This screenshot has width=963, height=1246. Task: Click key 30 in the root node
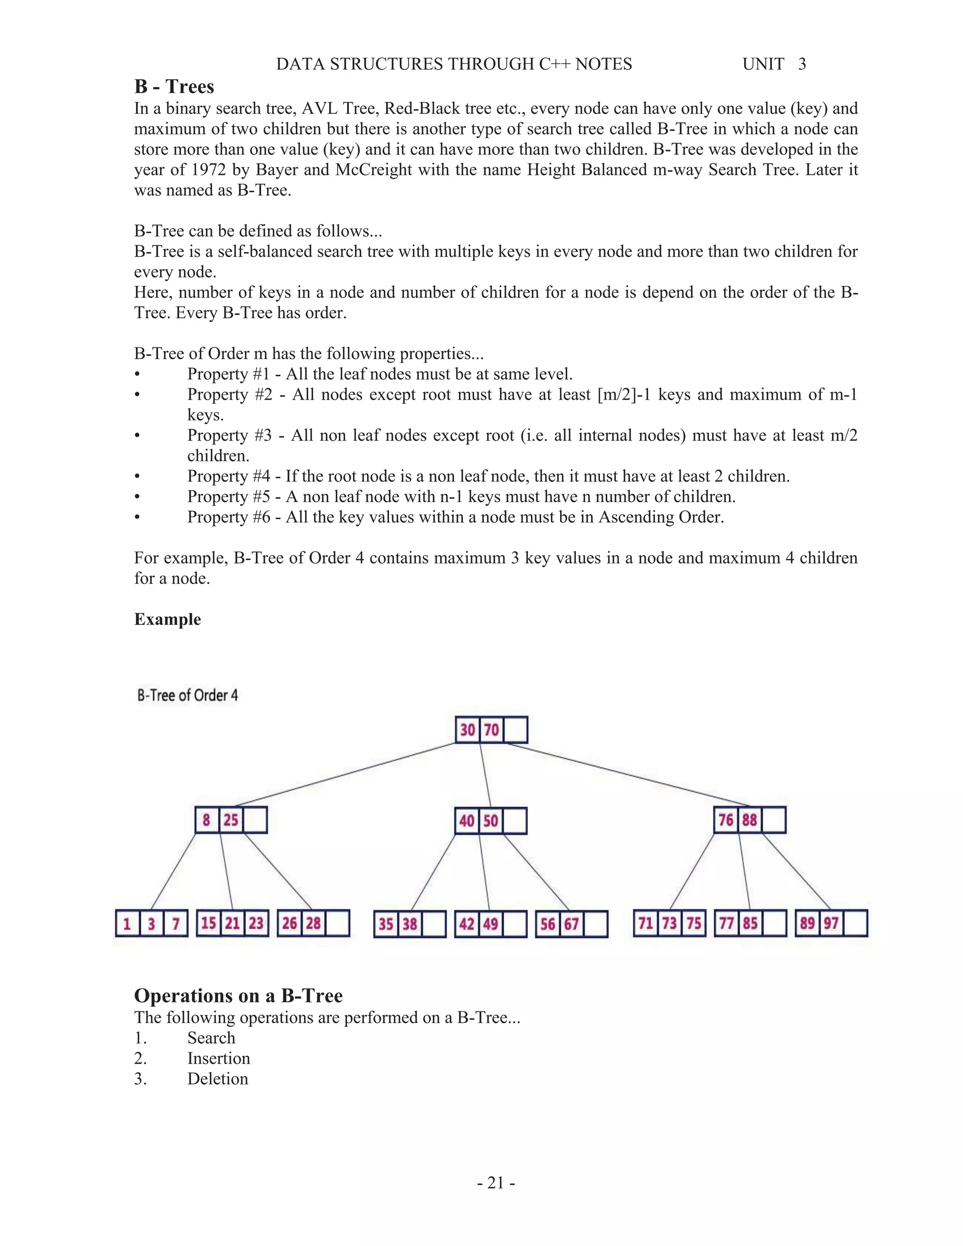[x=467, y=730]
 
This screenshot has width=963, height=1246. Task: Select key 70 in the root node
[x=491, y=730]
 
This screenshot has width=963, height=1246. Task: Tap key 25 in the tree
[x=230, y=820]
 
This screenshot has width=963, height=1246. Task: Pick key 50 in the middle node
[x=490, y=821]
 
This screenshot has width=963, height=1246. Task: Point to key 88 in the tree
[x=750, y=820]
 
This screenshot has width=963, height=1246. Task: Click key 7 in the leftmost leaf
[x=176, y=923]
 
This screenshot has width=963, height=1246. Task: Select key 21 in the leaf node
[x=232, y=923]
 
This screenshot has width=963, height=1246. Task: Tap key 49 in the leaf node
[x=490, y=923]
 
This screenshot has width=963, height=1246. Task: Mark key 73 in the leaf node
[x=670, y=923]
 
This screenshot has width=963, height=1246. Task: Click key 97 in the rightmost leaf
[x=831, y=923]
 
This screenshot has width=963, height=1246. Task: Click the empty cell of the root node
[x=515, y=730]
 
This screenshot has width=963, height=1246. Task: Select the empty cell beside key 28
[x=337, y=923]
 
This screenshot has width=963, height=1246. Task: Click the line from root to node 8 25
[x=346, y=774]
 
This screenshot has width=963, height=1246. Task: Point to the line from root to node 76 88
[x=628, y=774]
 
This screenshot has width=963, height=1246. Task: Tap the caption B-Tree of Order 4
[x=187, y=695]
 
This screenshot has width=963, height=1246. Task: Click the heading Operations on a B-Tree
[x=238, y=995]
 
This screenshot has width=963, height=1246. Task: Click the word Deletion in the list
[x=217, y=1079]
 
